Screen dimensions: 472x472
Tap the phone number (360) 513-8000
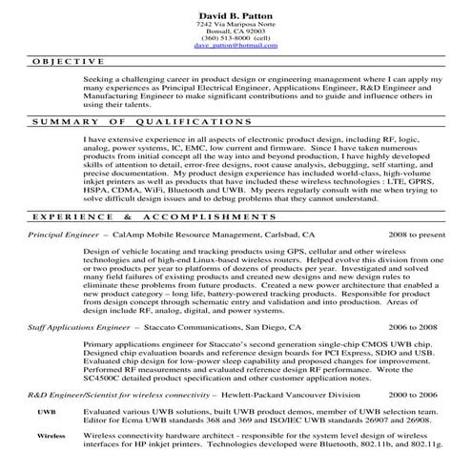click(236, 36)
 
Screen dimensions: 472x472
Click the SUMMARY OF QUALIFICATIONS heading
click(129, 124)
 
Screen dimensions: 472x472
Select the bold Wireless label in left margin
click(51, 434)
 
